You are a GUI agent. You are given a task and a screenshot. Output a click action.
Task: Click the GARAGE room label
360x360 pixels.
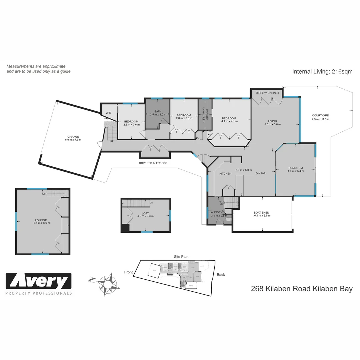coord(73,136)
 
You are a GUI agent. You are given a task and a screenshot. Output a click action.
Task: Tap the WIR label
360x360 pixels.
coord(108,113)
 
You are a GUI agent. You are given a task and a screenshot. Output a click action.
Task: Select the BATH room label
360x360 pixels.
coord(158,111)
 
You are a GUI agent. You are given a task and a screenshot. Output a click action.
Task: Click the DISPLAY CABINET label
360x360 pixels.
coord(267,93)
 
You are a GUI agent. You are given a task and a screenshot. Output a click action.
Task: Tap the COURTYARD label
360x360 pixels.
coord(320,116)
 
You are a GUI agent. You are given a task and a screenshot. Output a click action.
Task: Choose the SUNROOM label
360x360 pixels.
coord(295,168)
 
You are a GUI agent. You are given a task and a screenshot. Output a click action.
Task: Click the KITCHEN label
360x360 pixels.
coord(225,174)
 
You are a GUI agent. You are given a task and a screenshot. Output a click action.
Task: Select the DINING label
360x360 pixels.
coord(260,173)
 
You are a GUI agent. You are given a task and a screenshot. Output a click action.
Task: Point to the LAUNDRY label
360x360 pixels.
coord(216,212)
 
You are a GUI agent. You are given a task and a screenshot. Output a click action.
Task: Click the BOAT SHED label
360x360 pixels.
coord(261,212)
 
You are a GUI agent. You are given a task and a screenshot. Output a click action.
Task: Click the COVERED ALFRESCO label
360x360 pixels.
coord(153,163)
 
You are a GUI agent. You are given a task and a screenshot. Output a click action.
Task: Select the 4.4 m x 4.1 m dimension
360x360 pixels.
coord(229,121)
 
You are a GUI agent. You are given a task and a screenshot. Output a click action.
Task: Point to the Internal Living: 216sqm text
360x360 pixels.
coord(322,71)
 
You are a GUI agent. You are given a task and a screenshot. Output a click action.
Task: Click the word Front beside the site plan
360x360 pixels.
coord(128,272)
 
